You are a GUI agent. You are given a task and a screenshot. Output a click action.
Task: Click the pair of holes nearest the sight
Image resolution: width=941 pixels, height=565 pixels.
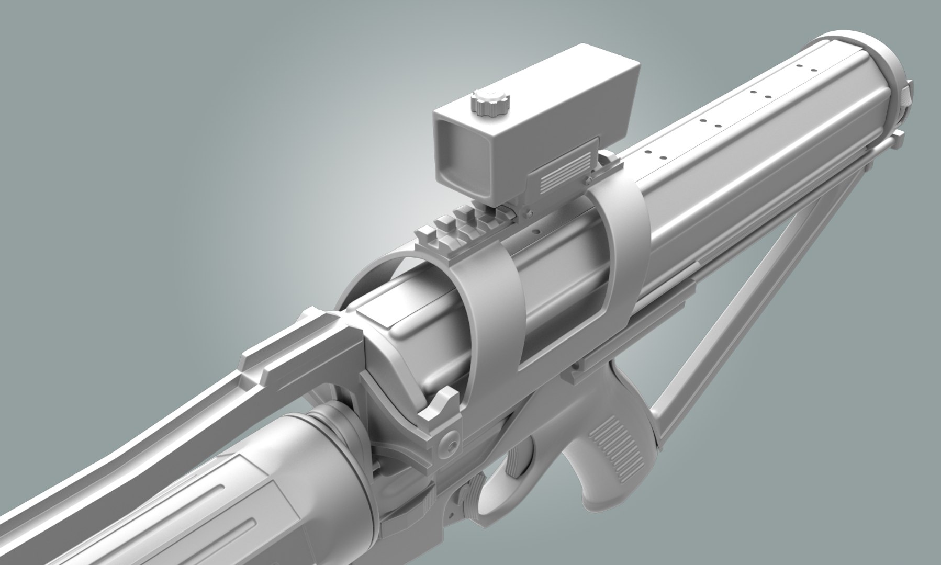coord(654,154)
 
